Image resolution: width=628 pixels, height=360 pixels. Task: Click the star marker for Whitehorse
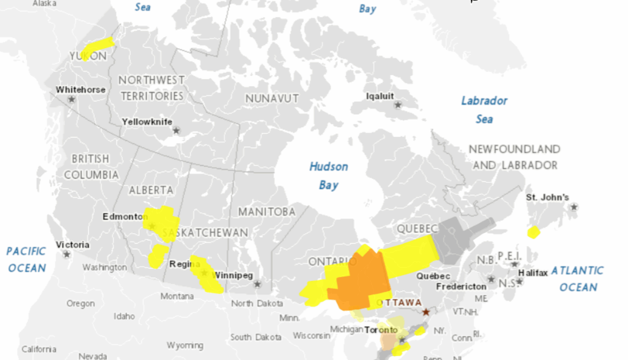pos(71,100)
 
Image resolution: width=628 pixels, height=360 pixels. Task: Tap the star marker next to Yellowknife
pos(176,130)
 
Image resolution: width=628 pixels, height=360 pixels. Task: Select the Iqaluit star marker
pos(398,104)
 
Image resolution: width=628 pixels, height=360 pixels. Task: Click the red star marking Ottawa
pos(426,312)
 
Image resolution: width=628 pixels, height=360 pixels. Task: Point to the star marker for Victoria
pos(67,254)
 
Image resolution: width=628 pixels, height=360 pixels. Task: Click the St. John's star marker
pos(574,207)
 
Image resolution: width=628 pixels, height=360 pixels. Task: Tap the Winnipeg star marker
pos(257,284)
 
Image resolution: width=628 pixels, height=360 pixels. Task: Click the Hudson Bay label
pos(329,175)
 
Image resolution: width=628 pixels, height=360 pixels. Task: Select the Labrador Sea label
pos(484,109)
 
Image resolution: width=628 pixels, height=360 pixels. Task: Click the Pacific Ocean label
pos(27,259)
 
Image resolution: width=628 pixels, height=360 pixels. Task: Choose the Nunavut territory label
pos(272,99)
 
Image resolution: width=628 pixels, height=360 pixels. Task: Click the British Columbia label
pos(91,167)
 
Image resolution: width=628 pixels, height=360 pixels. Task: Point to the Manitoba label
pos(267,211)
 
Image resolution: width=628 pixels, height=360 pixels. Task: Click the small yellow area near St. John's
pos(534,232)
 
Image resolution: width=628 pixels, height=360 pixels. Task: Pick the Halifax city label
pos(533,272)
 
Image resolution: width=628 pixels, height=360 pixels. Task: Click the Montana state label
pos(176,296)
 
